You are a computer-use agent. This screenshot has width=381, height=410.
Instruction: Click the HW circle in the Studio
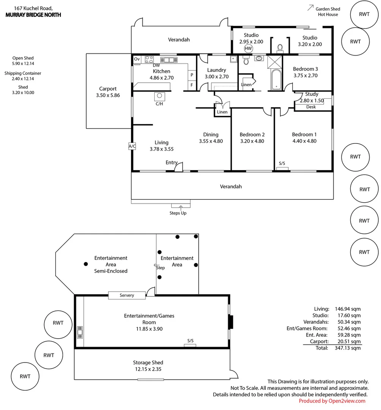[248, 49]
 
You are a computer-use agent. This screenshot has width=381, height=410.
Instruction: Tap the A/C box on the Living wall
[132, 146]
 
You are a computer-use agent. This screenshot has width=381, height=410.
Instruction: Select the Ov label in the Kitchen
[137, 59]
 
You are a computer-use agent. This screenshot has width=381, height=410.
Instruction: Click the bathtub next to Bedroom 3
[276, 80]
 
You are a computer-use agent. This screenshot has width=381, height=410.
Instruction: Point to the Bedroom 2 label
[252, 134]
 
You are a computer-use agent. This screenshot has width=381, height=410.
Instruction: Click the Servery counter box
[127, 295]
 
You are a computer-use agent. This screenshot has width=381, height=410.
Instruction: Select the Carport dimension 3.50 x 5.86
[108, 95]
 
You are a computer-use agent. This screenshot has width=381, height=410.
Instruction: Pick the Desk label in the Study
[311, 107]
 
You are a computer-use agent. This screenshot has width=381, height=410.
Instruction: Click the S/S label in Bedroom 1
[282, 164]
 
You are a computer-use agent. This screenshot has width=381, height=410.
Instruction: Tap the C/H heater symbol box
[160, 96]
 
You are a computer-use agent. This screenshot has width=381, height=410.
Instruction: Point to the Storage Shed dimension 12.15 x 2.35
[148, 369]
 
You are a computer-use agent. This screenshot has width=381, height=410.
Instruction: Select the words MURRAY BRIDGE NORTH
[33, 15]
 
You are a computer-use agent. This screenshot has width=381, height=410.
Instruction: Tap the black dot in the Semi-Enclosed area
[85, 264]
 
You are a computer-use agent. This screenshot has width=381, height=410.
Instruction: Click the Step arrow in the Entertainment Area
[156, 265]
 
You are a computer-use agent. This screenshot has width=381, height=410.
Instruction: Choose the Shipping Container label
[23, 73]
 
